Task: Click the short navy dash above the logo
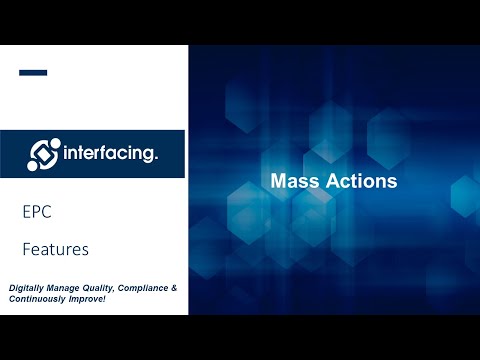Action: click(x=33, y=72)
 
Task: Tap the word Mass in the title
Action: click(x=292, y=182)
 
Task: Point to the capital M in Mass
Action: click(x=279, y=182)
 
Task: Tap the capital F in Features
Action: click(x=26, y=247)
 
